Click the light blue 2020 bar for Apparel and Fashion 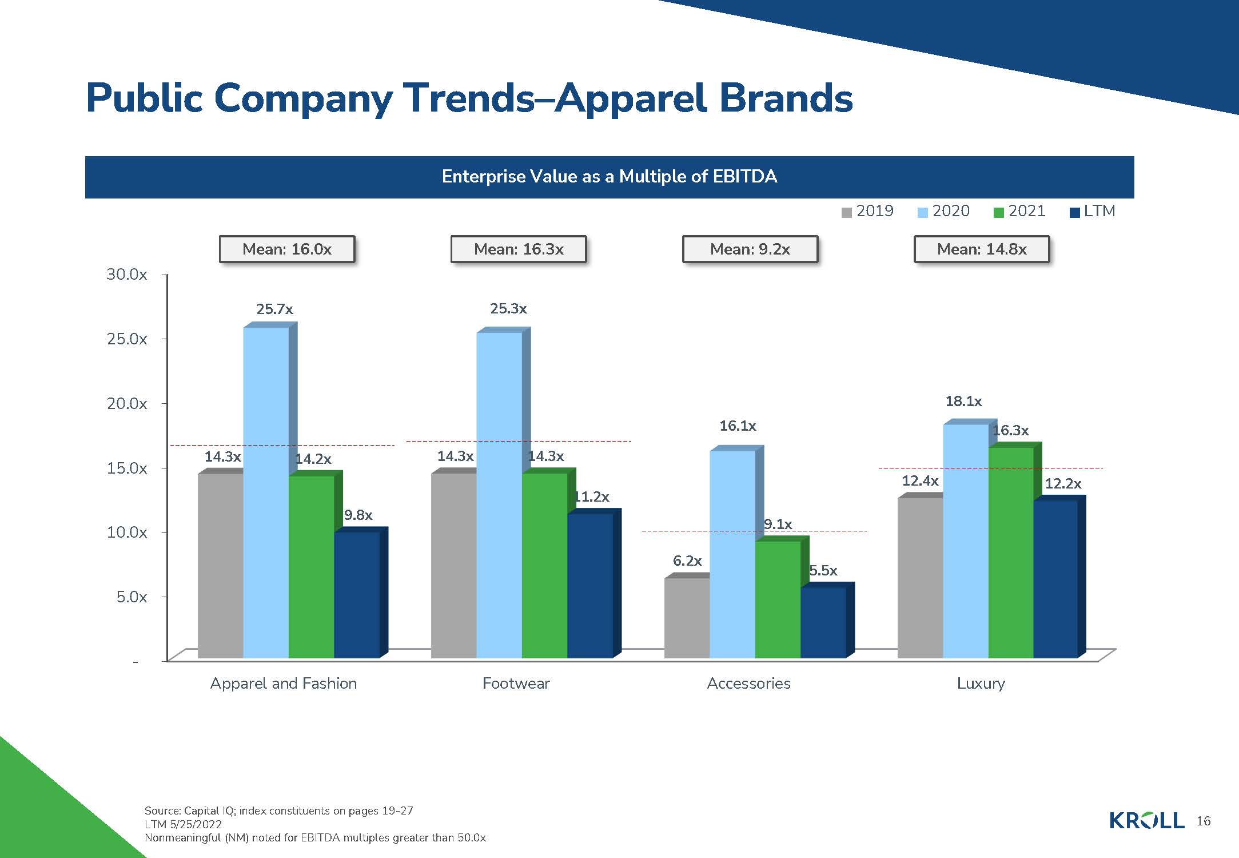coord(266,492)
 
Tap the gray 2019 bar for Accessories coord(687,618)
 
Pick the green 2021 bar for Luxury coord(1011,552)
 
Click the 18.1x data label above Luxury coord(963,402)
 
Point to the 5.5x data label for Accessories coord(823,571)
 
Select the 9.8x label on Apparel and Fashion coord(358,515)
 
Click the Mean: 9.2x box coord(750,249)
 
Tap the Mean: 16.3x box coord(519,249)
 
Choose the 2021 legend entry coord(1020,212)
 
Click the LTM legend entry coord(1093,212)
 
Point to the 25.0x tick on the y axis coord(127,339)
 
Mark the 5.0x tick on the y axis coord(132,597)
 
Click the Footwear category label coord(516,684)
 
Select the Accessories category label coord(748,684)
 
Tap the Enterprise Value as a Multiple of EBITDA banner coord(609,177)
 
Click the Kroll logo coord(1146,821)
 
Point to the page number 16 coord(1204,821)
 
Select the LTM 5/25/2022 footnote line coord(183,824)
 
